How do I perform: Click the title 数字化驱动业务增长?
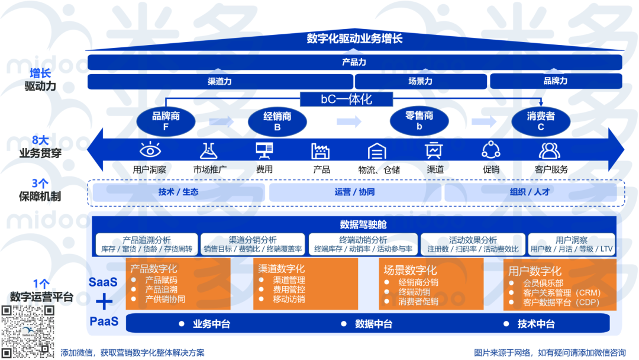(x=354, y=39)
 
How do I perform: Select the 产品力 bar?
(x=354, y=62)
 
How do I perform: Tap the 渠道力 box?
(x=220, y=81)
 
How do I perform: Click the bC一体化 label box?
(x=347, y=99)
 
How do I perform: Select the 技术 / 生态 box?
(x=178, y=192)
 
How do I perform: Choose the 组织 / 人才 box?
(x=530, y=192)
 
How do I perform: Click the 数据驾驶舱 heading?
(x=363, y=224)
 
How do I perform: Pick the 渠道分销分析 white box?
(x=253, y=245)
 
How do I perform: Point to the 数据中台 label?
(x=373, y=324)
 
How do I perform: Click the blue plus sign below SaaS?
(x=104, y=302)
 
